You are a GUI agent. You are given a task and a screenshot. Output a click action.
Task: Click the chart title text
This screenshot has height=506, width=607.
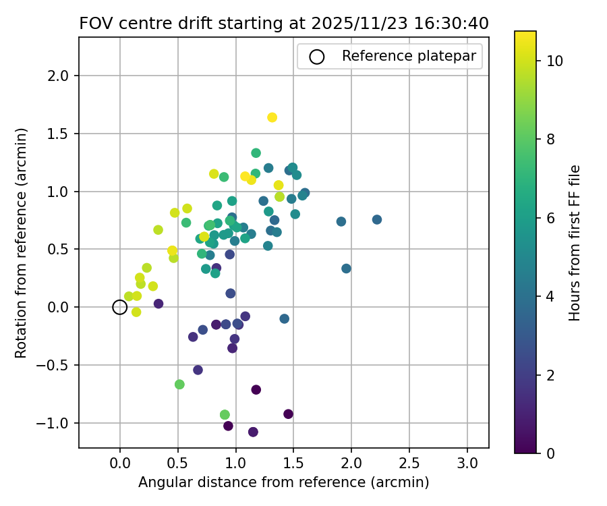[284, 23]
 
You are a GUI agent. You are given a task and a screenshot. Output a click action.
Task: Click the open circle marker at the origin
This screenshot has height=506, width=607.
[120, 307]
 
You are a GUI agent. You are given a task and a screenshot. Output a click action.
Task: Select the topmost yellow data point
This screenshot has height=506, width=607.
[272, 117]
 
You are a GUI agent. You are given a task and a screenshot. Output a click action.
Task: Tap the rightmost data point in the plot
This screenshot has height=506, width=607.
[377, 219]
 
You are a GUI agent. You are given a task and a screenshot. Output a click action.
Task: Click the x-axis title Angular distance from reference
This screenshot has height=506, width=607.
[284, 482]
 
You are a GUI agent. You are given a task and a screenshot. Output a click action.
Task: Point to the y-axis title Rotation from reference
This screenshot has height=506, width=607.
[21, 242]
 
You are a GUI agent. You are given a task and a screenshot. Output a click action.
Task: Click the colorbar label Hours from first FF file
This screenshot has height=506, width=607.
[575, 242]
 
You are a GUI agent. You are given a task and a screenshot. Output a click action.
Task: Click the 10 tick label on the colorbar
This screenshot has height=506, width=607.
[554, 61]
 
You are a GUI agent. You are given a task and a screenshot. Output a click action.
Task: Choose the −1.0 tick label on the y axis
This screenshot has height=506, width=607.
[57, 423]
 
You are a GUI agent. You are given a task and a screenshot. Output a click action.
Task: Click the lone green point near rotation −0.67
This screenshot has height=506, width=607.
[179, 385]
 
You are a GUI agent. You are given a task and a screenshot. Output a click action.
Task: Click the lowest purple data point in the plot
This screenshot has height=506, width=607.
[253, 432]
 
